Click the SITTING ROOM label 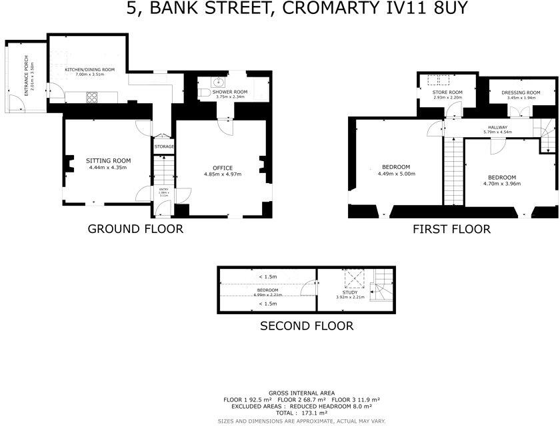pos(108,160)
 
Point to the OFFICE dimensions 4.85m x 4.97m pos(222,174)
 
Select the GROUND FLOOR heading pos(135,230)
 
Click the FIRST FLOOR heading pos(451,230)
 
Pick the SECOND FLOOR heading pos(306,326)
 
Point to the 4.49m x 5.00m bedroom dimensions pos(396,174)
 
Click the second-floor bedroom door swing pos(309,288)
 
